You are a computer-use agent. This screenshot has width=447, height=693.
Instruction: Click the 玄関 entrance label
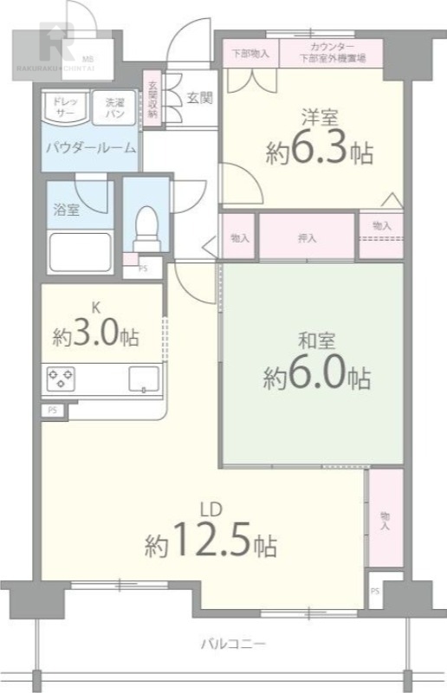pos(198,98)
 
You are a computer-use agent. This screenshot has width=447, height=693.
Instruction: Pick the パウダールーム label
pos(91,147)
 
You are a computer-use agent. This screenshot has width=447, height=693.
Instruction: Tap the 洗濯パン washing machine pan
pos(112,107)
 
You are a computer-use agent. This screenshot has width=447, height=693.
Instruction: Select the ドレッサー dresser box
pos(66,107)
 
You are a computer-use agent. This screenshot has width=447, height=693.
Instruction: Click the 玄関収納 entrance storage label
pos(152,99)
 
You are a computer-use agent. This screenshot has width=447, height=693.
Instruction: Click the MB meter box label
pos(89,58)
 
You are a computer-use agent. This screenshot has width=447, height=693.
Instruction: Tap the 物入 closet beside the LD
pos(385,519)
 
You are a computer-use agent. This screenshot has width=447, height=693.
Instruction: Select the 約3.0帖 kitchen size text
pos(95,334)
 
